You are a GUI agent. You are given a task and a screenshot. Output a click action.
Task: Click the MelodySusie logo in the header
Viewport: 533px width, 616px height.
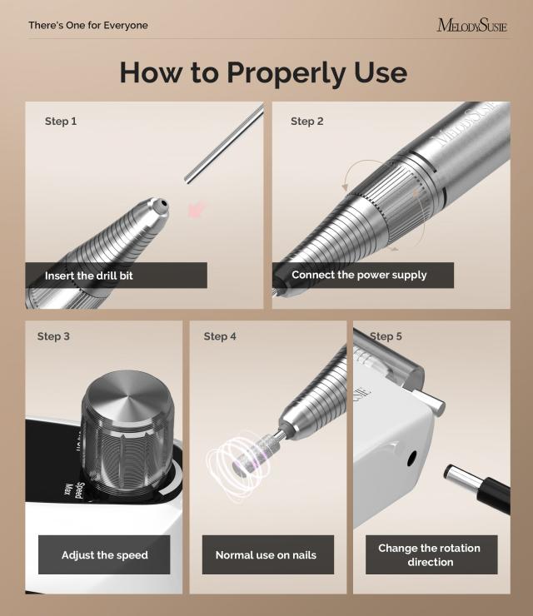tap(471, 25)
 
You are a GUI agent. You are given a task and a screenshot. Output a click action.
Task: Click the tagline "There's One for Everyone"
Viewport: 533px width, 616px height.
tap(88, 25)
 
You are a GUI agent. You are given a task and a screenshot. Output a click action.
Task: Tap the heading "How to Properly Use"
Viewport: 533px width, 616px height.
tap(263, 72)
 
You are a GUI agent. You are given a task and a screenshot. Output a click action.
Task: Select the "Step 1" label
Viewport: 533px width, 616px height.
tap(61, 122)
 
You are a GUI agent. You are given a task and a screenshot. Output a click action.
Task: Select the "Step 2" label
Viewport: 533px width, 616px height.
tap(307, 122)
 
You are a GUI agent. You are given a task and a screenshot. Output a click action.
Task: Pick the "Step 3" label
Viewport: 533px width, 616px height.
tap(54, 336)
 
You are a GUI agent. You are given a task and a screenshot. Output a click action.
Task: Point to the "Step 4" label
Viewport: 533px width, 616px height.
tap(220, 336)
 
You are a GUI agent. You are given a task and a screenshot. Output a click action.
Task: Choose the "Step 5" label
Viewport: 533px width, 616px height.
tap(386, 336)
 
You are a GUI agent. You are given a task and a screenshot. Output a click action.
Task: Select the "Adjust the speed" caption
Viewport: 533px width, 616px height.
tap(104, 555)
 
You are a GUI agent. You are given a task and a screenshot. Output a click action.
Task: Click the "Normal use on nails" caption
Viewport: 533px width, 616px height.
tap(266, 555)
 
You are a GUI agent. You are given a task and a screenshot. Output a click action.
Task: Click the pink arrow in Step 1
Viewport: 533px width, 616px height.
tap(197, 208)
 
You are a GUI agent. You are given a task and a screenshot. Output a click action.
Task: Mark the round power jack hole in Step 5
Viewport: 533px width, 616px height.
tap(411, 457)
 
